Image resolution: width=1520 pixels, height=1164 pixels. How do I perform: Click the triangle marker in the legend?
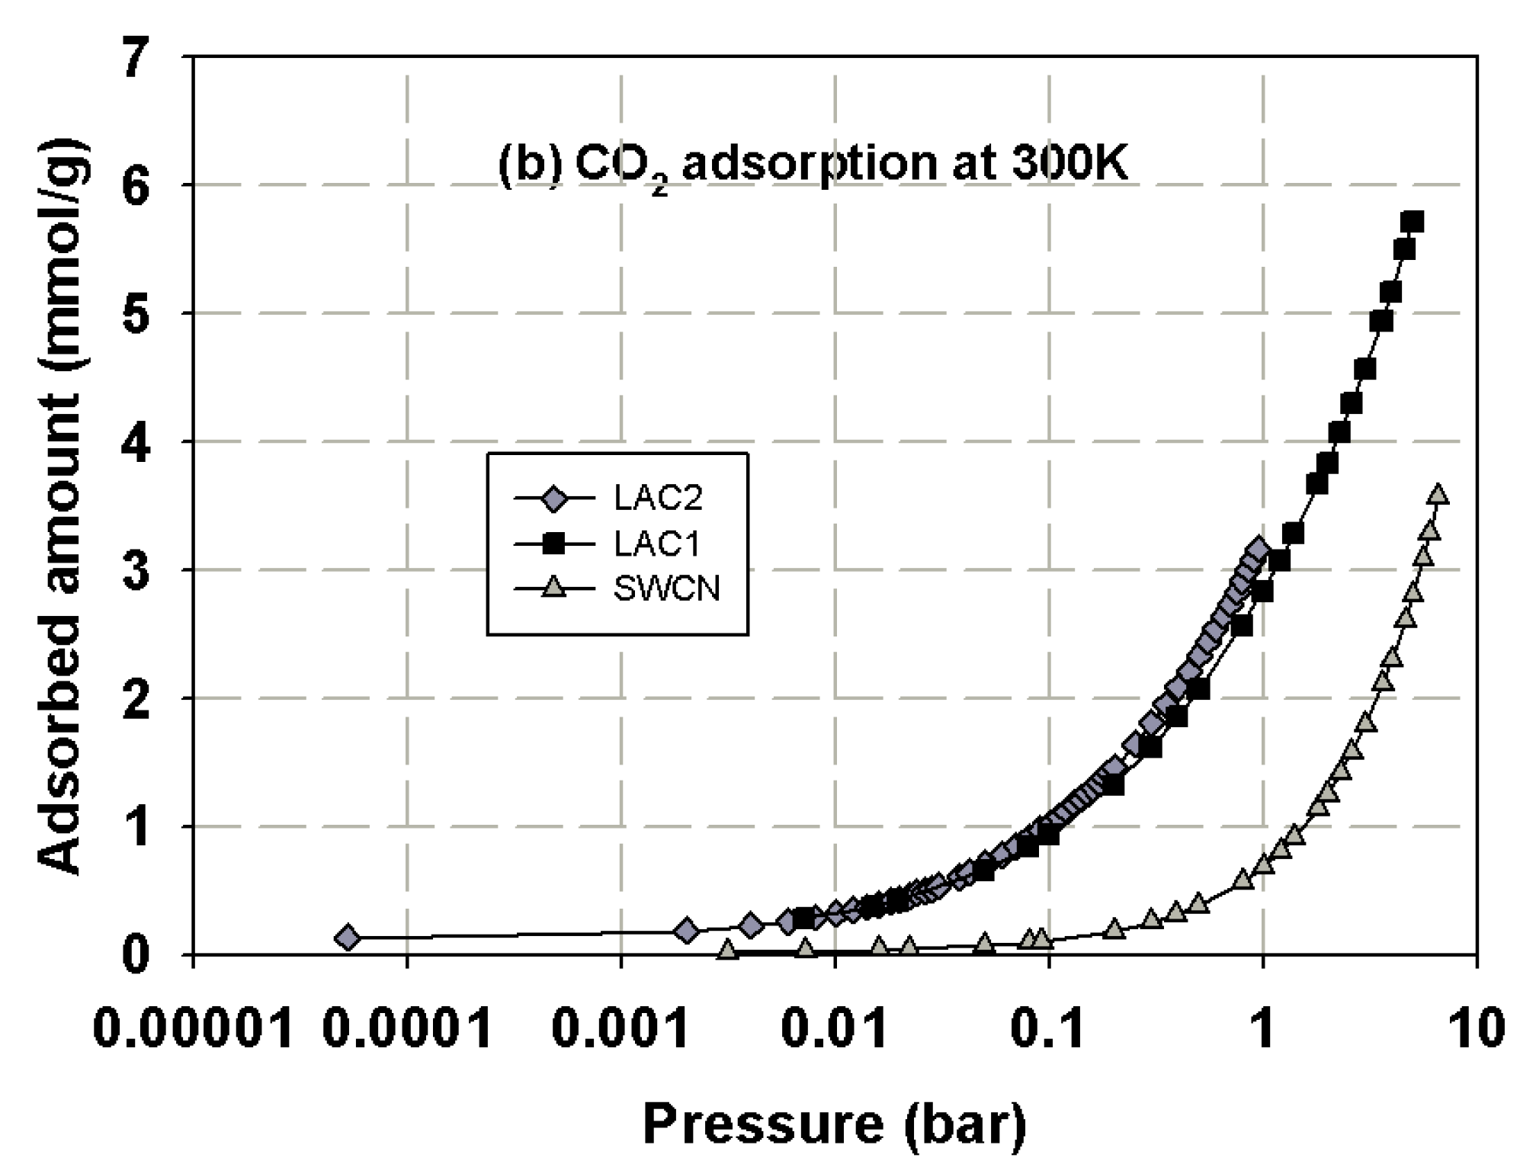[555, 588]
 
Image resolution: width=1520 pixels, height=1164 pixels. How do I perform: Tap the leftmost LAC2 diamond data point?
[348, 937]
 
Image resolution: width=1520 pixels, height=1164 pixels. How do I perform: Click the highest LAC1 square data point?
[1412, 222]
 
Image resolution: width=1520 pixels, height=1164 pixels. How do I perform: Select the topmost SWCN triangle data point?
[1438, 494]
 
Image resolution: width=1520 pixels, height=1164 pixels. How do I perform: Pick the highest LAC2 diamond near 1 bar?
[1258, 548]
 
